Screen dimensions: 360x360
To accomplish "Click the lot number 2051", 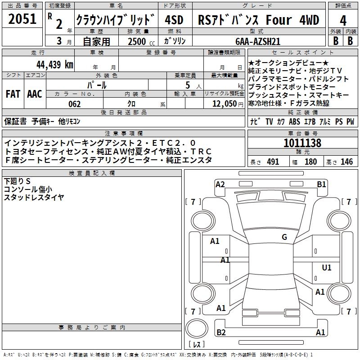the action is point(22,19).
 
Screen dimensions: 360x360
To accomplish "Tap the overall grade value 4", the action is point(343,21).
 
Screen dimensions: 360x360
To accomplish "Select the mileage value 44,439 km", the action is point(55,65).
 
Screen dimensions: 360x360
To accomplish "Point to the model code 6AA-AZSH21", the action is point(258,41).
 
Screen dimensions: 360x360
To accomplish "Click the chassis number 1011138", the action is point(302,143).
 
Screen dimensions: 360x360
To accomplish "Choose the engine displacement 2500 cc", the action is point(141,41).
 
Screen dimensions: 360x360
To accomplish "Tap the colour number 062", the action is point(75,104).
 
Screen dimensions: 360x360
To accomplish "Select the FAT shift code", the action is point(13,94).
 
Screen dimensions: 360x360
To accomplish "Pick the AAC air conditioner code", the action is point(35,94).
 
